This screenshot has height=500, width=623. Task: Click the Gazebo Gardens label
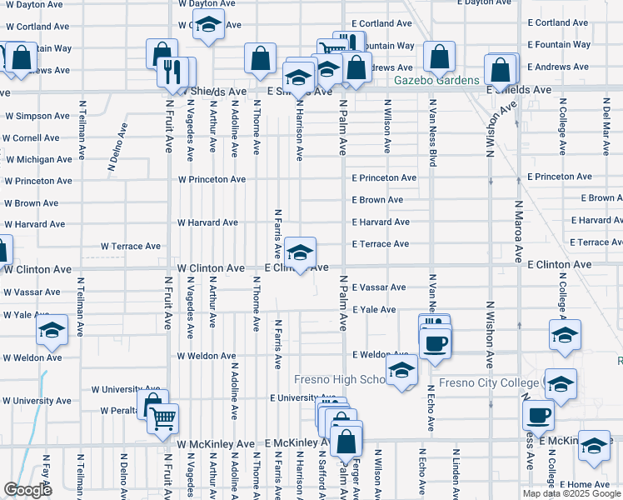pos(436,81)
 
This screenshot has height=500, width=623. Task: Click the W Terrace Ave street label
pos(131,247)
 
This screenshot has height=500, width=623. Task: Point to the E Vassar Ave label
pos(379,287)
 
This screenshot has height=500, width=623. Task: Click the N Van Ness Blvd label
pos(432,133)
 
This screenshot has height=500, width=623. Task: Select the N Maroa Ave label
pos(517,232)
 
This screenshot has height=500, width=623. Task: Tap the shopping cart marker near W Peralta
pos(163,418)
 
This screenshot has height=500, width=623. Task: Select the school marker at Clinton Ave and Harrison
pos(300,250)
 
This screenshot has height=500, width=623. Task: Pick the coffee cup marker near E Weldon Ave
pos(436,342)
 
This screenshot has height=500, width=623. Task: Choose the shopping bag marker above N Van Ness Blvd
pos(439,56)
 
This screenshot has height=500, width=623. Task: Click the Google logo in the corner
pos(27,490)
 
